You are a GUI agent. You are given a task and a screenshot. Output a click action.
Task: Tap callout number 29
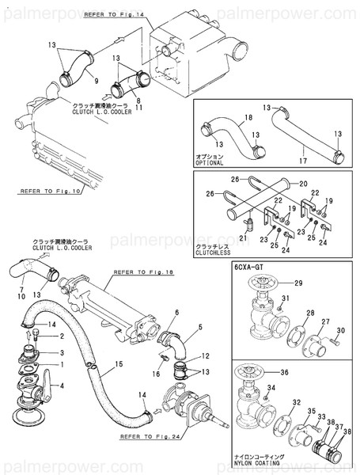pyautogui.click(x=297, y=283)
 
